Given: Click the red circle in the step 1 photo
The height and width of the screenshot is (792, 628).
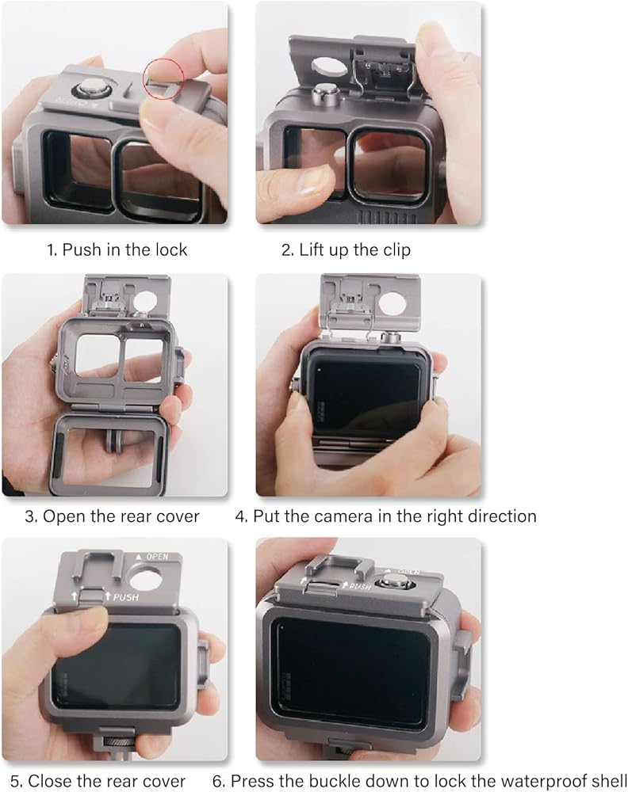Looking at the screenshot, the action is (x=163, y=59).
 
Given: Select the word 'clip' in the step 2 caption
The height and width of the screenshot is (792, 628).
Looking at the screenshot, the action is (x=396, y=250).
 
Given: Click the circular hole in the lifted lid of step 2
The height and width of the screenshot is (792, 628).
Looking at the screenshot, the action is (x=328, y=67).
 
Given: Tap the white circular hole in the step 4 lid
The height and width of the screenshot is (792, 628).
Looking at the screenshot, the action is (x=392, y=303).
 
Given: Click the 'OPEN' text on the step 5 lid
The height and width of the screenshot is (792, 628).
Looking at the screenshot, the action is (x=157, y=557).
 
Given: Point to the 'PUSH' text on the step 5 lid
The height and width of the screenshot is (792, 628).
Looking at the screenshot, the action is (x=125, y=597).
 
